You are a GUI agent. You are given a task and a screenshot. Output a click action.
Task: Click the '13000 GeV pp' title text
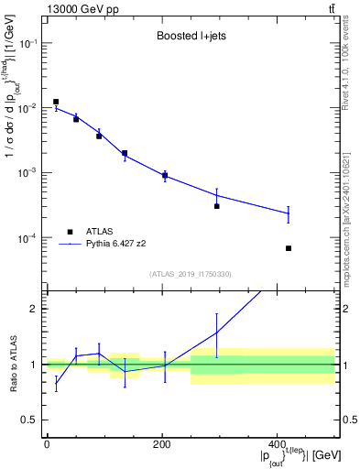pyautogui.click(x=81, y=8)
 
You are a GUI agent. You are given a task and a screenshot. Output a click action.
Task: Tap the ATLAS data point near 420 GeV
pyautogui.click(x=289, y=248)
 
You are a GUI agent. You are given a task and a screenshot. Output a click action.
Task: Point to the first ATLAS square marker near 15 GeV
pyautogui.click(x=56, y=102)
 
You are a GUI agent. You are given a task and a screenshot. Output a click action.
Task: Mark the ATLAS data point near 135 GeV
pyautogui.click(x=125, y=153)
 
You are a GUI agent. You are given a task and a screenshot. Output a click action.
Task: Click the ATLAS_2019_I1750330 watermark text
pyautogui.click(x=190, y=274)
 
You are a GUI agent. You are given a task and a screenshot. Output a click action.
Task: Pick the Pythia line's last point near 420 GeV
pyautogui.click(x=289, y=213)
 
